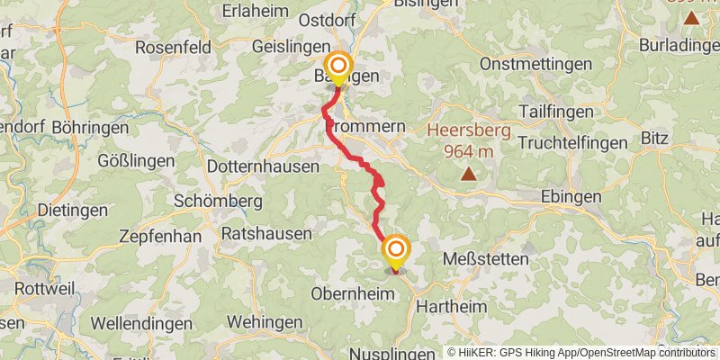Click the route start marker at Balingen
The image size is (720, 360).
click(338, 67)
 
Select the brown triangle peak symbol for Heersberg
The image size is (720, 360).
click(468, 173)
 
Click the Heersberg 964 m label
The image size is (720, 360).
click(468, 140)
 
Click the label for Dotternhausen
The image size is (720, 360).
click(263, 166)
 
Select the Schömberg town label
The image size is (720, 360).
click(218, 201)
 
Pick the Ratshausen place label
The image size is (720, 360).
click(266, 233)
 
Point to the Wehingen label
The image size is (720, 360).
click(265, 321)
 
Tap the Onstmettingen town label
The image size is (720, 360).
click(536, 64)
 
